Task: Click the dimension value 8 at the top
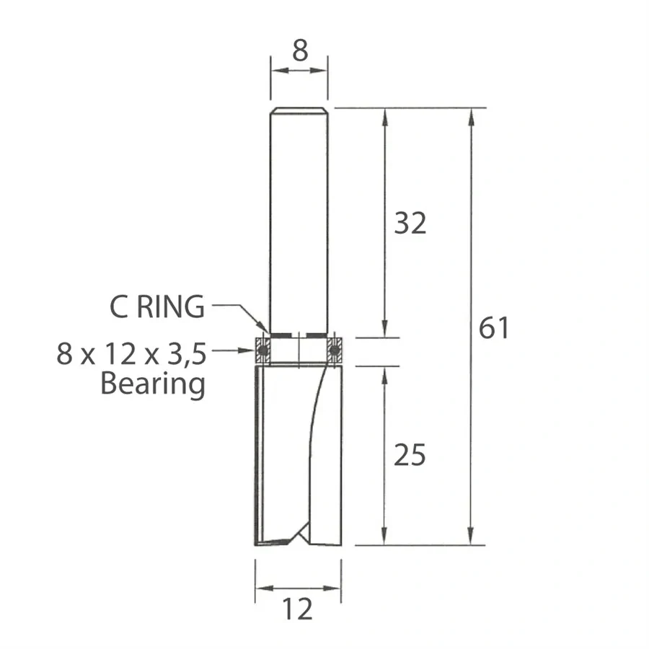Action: tap(300, 50)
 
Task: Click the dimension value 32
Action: tap(410, 224)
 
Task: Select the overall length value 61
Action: tap(493, 329)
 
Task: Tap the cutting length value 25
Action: tap(410, 455)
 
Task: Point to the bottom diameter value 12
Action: tap(298, 610)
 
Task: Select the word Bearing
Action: tap(153, 384)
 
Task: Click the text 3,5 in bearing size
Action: tap(186, 354)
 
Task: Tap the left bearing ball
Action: tap(262, 350)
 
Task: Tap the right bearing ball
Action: tap(334, 350)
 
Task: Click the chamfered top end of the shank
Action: tap(299, 111)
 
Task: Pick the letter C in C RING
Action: tap(119, 308)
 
